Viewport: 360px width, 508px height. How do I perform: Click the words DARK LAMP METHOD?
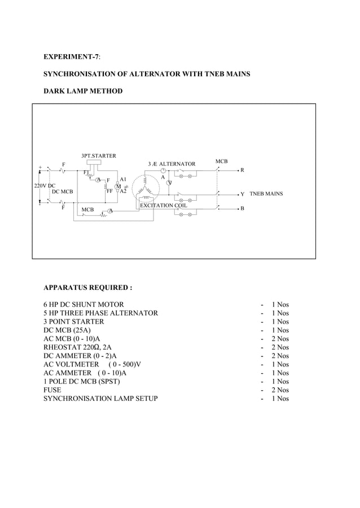[x=83, y=91]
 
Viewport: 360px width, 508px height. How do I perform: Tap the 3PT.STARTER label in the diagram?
[x=99, y=155]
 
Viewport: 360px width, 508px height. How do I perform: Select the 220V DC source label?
[x=45, y=185]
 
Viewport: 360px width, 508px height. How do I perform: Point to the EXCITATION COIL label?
[x=163, y=205]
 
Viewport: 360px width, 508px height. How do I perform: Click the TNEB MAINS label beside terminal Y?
[x=266, y=193]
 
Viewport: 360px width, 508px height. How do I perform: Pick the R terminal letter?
[x=242, y=170]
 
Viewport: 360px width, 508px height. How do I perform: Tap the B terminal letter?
[x=242, y=209]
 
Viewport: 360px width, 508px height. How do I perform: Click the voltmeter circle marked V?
[x=169, y=182]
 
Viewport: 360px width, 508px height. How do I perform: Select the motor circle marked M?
[x=118, y=186]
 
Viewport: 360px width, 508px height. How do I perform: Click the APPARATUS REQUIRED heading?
[x=87, y=288]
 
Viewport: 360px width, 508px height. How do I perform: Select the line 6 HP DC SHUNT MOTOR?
[x=84, y=304]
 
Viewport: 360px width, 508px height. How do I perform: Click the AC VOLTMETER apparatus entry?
[x=92, y=364]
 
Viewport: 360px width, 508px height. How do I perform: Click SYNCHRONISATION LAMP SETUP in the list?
[x=100, y=399]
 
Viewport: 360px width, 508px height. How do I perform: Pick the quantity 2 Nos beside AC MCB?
[x=279, y=339]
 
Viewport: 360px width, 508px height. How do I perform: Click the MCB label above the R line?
[x=222, y=162]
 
